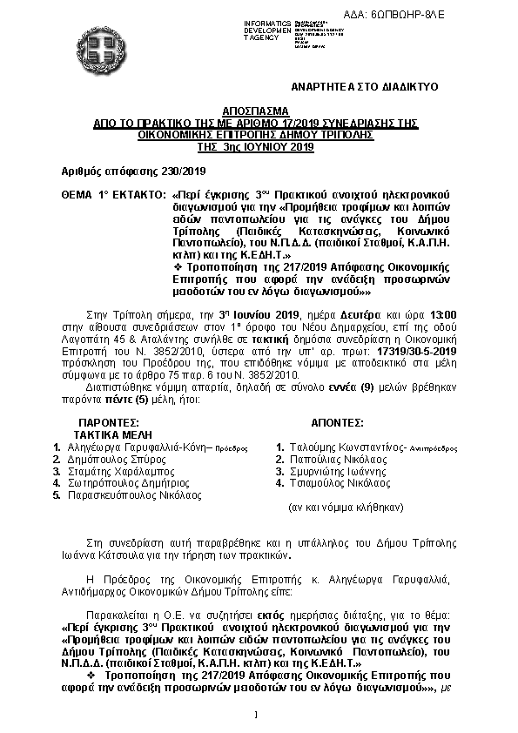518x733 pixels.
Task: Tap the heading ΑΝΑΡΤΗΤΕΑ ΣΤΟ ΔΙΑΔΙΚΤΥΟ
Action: pos(365,88)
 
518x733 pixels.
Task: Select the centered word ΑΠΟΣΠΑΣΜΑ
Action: pos(259,113)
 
